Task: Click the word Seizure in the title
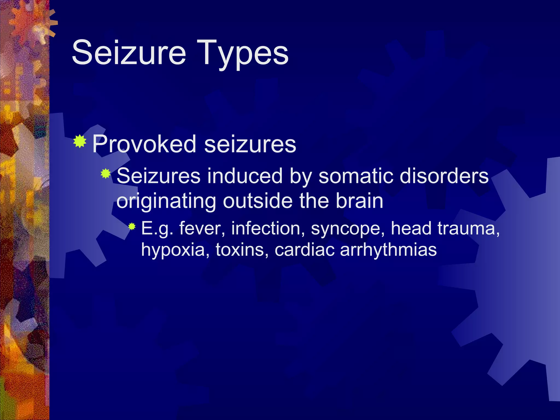click(x=129, y=52)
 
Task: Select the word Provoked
click(x=144, y=144)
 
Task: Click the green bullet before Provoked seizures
click(x=80, y=141)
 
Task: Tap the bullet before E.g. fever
click(x=132, y=226)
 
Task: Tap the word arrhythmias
click(x=388, y=250)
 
